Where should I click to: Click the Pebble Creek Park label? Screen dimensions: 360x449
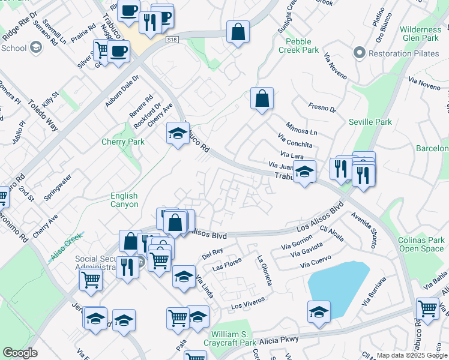click(x=298, y=46)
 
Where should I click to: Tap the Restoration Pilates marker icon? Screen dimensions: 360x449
click(x=360, y=52)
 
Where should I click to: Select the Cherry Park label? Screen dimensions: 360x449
click(x=123, y=142)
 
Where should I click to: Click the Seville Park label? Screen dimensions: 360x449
click(x=370, y=122)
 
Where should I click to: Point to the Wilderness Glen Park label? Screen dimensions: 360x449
click(x=420, y=34)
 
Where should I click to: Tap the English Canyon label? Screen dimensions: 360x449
click(x=124, y=200)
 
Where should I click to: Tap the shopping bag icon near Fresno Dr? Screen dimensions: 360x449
click(x=262, y=99)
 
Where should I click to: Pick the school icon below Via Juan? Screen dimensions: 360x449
click(x=305, y=172)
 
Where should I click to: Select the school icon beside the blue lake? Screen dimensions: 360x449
click(x=319, y=313)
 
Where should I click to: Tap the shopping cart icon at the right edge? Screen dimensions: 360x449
click(x=427, y=309)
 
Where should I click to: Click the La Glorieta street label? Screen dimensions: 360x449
click(x=265, y=271)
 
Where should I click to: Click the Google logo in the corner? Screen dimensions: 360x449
click(x=21, y=353)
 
